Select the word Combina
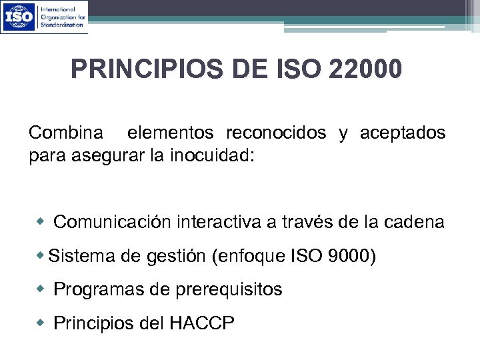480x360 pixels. pyautogui.click(x=66, y=133)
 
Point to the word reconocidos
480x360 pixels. pyautogui.click(x=276, y=133)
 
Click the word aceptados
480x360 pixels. pyautogui.click(x=403, y=133)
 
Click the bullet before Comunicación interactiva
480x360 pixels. pyautogui.click(x=42, y=221)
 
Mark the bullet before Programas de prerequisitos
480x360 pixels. pyautogui.click(x=42, y=288)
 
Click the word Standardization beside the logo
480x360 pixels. pyautogui.click(x=63, y=24)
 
